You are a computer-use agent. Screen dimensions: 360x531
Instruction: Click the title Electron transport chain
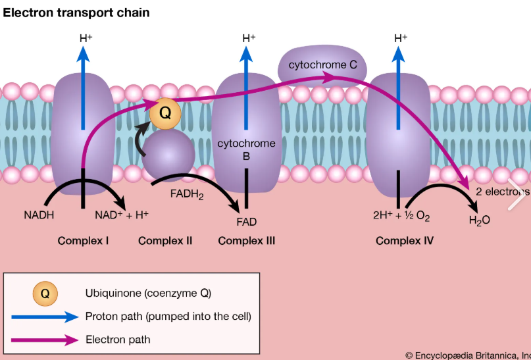(76, 13)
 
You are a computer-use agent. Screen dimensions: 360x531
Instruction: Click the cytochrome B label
(246, 149)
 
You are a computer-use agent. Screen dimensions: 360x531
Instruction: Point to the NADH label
(39, 215)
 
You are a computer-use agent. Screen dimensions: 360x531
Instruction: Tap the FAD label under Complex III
(246, 222)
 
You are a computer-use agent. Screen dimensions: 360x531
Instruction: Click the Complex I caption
(83, 241)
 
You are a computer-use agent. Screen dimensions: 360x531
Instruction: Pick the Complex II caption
(165, 241)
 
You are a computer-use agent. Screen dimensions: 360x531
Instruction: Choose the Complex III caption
(246, 241)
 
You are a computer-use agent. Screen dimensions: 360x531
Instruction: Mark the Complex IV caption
(404, 241)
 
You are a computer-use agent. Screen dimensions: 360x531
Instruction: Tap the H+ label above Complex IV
(399, 38)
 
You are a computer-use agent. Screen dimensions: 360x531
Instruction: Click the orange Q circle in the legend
(45, 293)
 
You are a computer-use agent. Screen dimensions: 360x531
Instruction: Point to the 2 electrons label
(502, 192)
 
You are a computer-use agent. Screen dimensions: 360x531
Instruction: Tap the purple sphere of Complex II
(168, 153)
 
